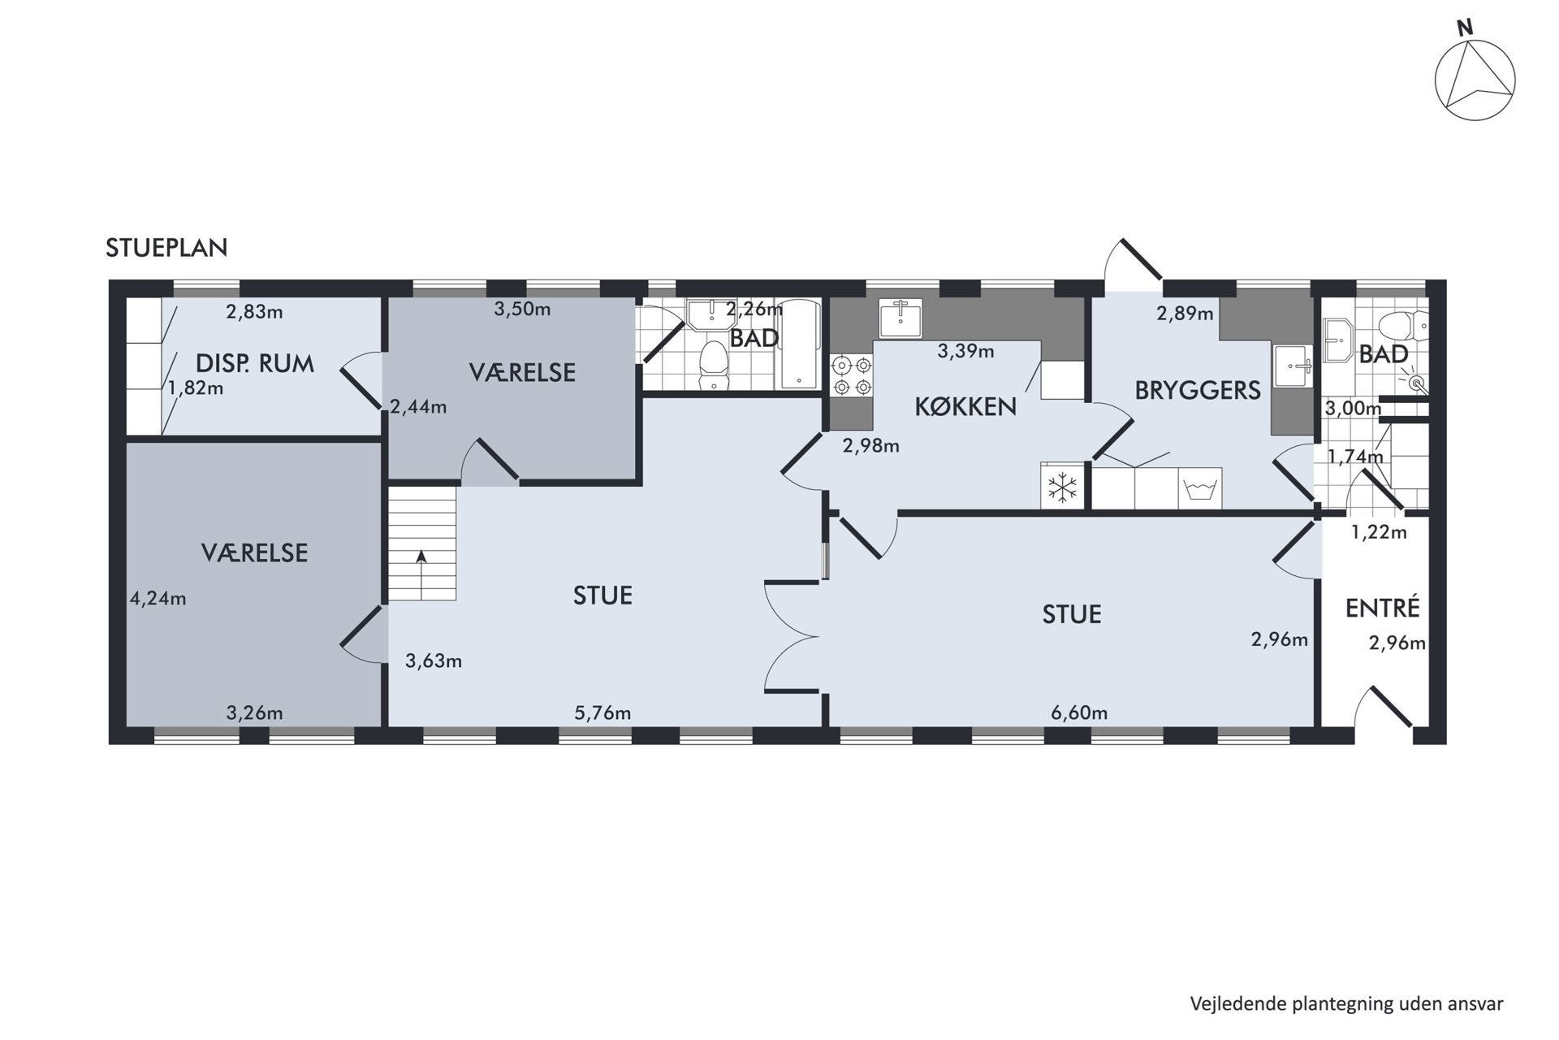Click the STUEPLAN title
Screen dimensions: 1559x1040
(x=166, y=248)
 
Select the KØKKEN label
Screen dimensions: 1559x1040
(x=965, y=406)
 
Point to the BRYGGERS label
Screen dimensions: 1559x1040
(x=1198, y=390)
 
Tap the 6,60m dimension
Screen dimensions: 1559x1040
(x=1079, y=713)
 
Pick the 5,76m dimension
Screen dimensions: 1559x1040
(x=602, y=713)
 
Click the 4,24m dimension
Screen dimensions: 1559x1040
(x=158, y=599)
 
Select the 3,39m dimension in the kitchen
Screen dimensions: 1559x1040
(x=966, y=351)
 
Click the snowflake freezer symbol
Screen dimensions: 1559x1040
(x=1062, y=487)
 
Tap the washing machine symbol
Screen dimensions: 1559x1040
(x=1200, y=488)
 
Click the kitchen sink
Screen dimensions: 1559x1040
(x=900, y=318)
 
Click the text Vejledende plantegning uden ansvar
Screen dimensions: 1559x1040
(x=1347, y=1003)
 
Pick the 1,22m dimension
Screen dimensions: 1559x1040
(x=1379, y=533)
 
